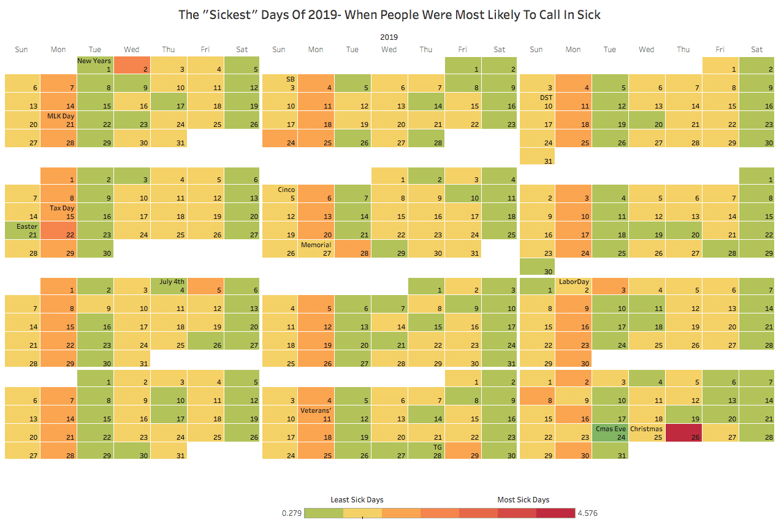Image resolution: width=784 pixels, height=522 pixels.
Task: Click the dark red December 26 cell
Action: (683, 433)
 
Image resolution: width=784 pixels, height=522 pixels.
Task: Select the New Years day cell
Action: (95, 65)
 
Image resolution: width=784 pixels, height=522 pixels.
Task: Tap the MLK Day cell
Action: (59, 120)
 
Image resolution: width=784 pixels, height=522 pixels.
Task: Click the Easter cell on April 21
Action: (22, 231)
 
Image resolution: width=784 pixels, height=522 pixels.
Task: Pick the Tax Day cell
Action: (59, 212)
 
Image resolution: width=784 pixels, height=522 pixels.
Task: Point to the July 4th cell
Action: (169, 286)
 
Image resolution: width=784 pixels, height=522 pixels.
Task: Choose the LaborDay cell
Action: (574, 286)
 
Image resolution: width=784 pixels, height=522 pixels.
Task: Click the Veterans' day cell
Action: (316, 415)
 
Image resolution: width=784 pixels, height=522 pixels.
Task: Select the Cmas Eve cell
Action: (610, 433)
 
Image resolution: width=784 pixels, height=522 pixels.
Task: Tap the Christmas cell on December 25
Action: (647, 433)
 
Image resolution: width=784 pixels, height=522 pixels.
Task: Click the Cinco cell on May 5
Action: (280, 194)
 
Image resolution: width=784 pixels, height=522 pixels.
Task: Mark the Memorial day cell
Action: (316, 249)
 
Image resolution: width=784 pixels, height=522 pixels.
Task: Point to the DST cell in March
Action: (537, 102)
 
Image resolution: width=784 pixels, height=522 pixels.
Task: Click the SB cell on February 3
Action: (280, 83)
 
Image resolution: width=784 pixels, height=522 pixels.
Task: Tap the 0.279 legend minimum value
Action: (291, 513)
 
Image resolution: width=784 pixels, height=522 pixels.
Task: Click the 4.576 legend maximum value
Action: (587, 513)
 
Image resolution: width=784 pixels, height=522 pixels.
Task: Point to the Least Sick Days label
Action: (357, 500)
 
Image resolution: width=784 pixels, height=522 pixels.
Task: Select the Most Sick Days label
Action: (523, 500)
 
